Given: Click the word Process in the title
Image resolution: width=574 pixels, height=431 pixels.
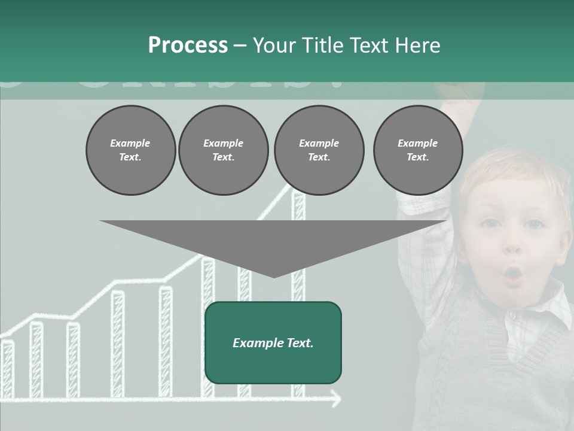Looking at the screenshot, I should point(188,45).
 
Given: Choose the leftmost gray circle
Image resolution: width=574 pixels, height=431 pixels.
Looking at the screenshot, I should point(130,150).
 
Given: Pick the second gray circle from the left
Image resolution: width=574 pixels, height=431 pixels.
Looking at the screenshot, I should point(223,150).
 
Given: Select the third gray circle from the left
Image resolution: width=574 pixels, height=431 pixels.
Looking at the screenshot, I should point(319,150).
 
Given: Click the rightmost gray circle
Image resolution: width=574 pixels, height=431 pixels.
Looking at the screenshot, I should point(417,150).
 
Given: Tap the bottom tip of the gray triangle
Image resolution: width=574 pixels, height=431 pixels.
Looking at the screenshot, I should point(274,276).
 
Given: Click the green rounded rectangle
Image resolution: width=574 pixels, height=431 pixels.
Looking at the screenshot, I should point(273,342).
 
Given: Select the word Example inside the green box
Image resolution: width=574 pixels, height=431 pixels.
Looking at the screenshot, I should point(251,343).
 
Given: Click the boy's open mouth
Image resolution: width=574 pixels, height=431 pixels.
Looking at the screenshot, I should point(513,275).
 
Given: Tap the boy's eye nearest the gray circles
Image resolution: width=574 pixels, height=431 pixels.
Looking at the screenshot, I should point(490,223).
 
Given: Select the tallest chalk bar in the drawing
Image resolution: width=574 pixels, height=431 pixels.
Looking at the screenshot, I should point(298,293).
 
